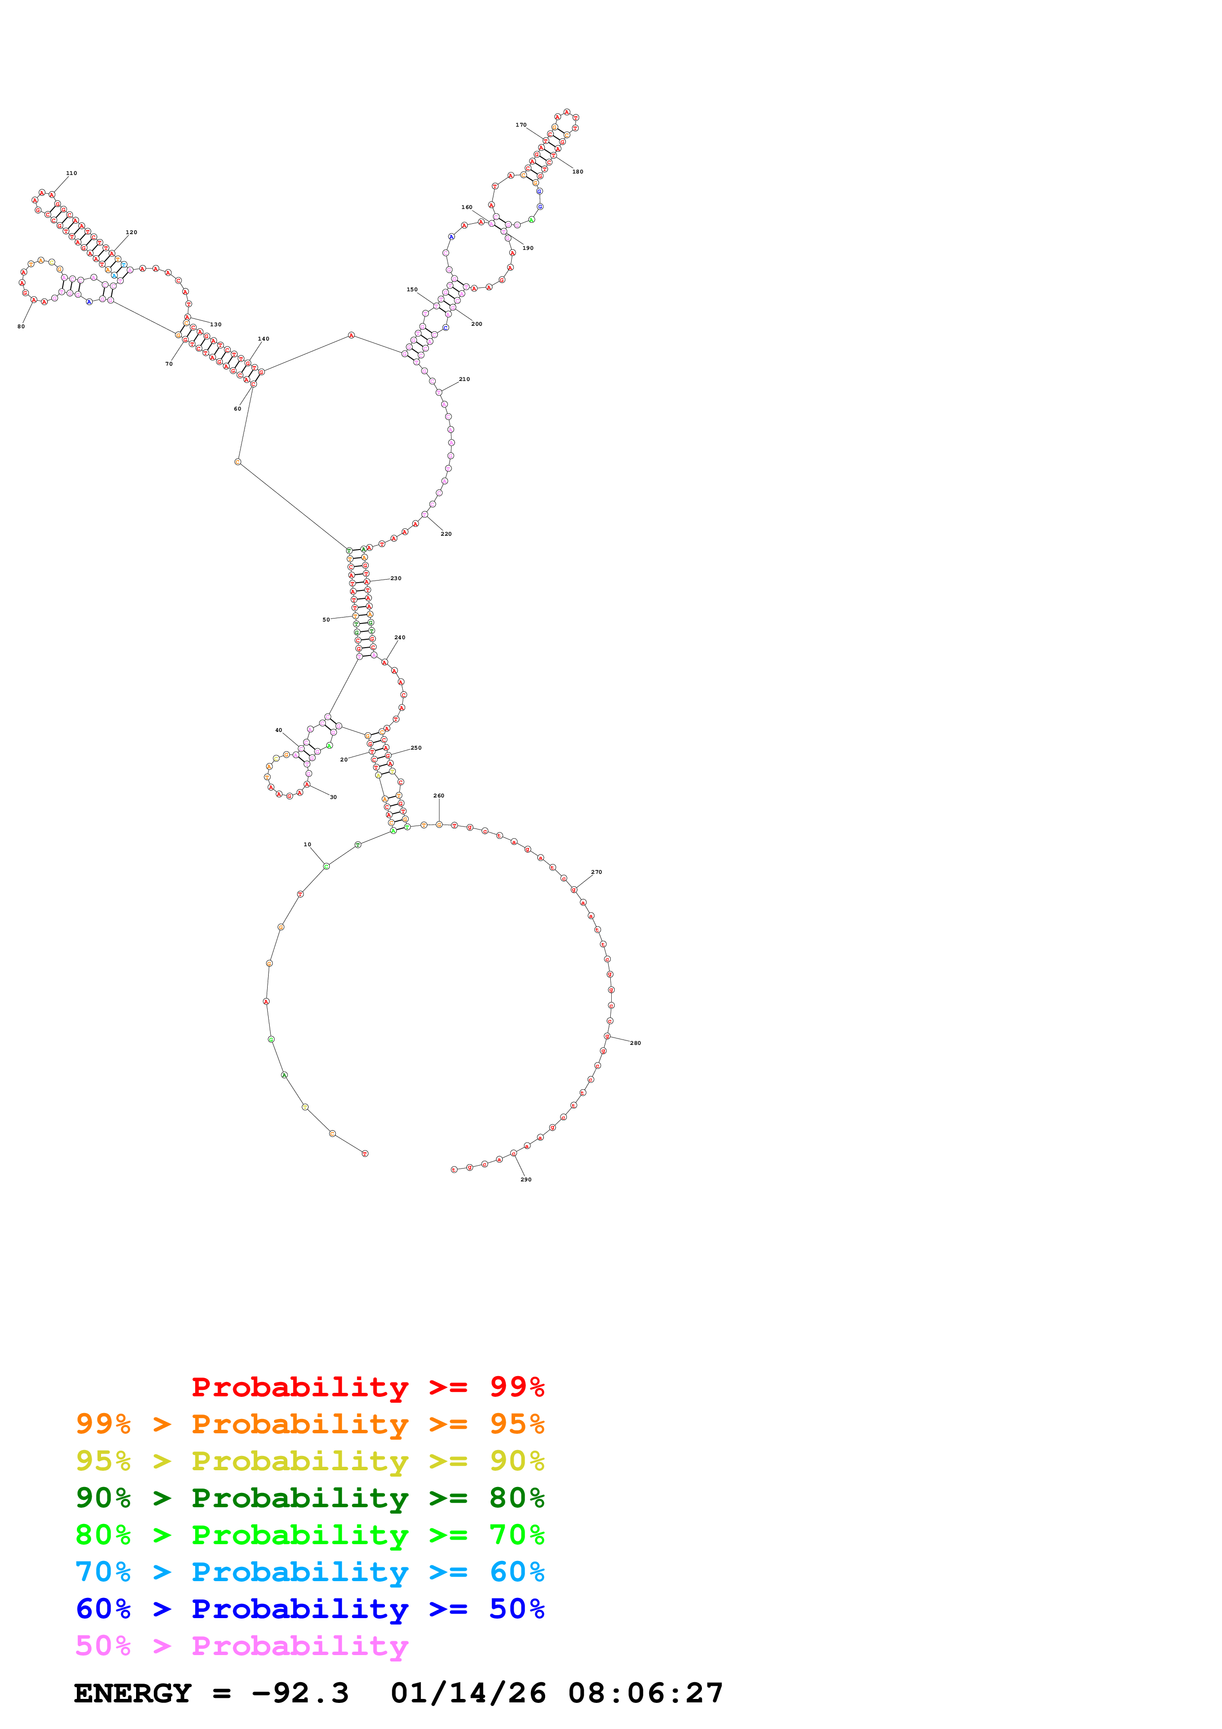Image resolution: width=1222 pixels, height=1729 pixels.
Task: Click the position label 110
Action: pyautogui.click(x=71, y=173)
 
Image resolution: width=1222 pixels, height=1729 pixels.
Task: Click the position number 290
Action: pyautogui.click(x=526, y=1179)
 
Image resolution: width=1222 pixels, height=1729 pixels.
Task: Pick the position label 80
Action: pyautogui.click(x=21, y=326)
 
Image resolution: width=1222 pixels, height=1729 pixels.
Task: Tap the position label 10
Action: pyautogui.click(x=307, y=844)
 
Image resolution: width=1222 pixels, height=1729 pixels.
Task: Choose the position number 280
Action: pyautogui.click(x=635, y=1043)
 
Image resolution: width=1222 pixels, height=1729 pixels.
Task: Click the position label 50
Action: pyautogui.click(x=326, y=620)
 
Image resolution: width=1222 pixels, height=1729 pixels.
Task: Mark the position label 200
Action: pyautogui.click(x=477, y=324)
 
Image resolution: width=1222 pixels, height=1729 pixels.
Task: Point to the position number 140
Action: pyautogui.click(x=264, y=339)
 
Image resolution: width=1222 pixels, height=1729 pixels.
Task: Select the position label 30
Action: pyautogui.click(x=334, y=796)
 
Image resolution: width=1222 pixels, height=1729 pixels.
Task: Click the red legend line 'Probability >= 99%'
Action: pyautogui.click(x=367, y=1387)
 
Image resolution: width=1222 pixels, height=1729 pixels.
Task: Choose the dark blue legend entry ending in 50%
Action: pyautogui.click(x=310, y=1609)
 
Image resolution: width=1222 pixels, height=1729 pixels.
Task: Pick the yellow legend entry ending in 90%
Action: pyautogui.click(x=310, y=1461)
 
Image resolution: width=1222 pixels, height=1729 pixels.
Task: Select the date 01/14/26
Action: pyautogui.click(x=468, y=1693)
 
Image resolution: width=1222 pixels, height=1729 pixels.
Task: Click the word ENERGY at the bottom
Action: pyautogui.click(x=133, y=1693)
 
